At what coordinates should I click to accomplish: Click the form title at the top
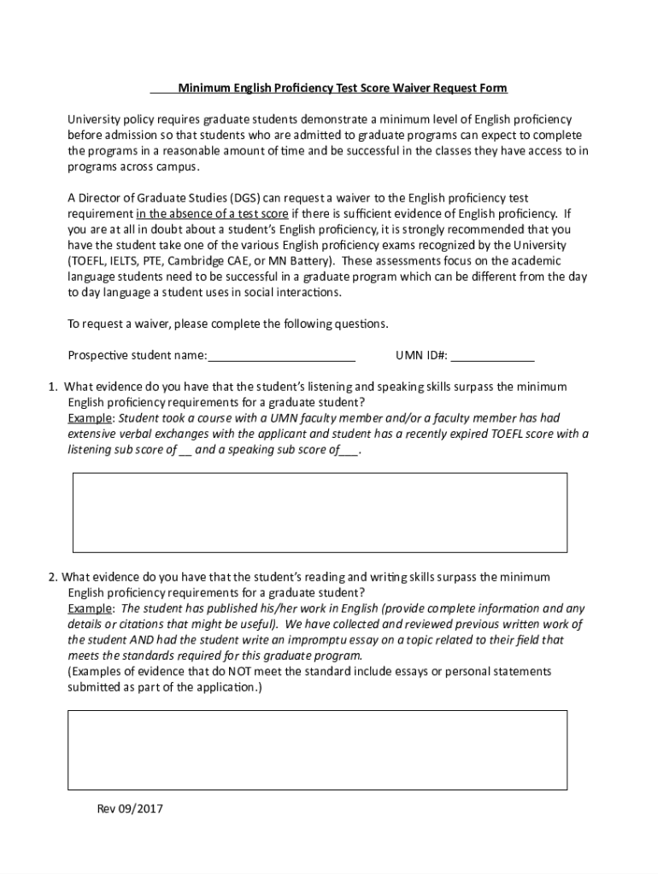342,88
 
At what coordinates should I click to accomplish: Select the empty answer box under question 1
320,512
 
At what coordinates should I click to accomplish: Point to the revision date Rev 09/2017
129,808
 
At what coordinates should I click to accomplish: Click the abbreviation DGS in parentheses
242,198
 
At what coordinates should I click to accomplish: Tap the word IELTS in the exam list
125,260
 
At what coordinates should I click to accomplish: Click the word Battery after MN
309,260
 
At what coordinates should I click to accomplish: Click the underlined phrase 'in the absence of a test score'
212,213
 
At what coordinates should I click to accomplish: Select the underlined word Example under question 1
90,418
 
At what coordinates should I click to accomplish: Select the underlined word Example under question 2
90,609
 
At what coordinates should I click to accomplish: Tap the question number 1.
52,387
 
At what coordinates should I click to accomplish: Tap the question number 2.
52,577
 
